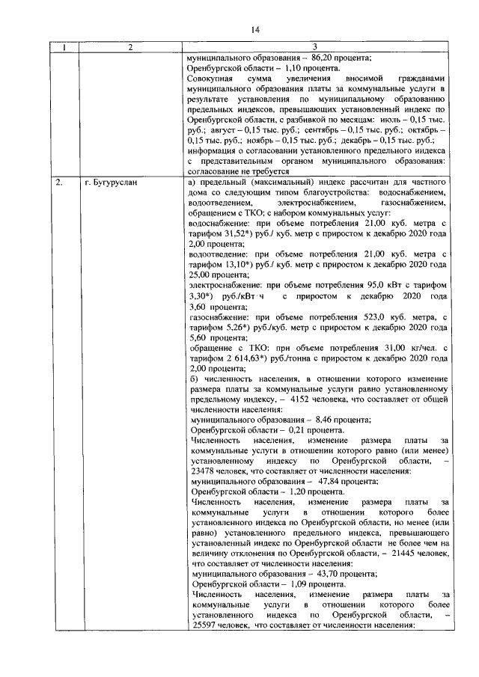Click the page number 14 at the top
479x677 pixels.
tap(254, 30)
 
